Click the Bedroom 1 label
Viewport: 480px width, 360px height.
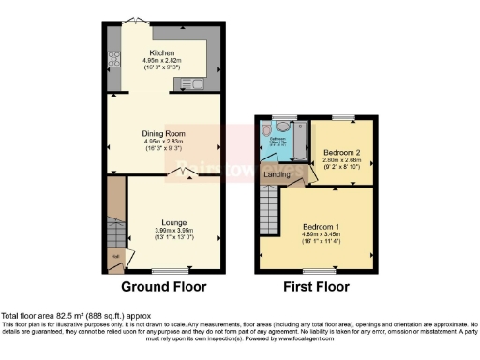pos(320,226)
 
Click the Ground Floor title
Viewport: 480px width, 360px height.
pos(163,286)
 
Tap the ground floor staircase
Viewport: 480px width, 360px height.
pos(115,221)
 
